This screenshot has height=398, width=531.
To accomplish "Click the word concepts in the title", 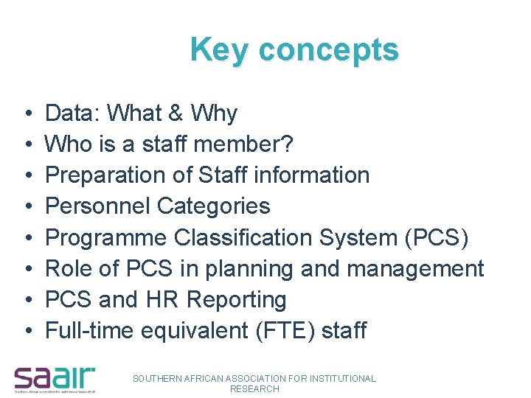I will coord(328,51).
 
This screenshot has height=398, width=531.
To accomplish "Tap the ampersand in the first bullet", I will coord(176,114).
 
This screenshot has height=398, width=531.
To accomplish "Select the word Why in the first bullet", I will coord(214,114).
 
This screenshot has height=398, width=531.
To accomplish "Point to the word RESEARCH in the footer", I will coord(254,388).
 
